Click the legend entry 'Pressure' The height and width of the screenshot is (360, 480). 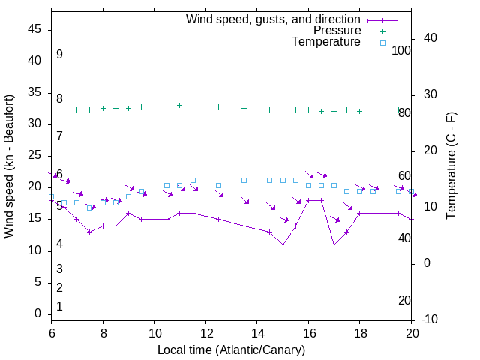coord(337,31)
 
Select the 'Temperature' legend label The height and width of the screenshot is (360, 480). coord(326,43)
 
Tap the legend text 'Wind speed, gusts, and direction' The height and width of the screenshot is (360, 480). coord(274,19)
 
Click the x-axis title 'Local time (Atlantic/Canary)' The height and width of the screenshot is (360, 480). coord(232,349)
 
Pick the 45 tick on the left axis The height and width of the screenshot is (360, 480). coord(35,29)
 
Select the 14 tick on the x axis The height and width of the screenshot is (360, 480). coord(256,332)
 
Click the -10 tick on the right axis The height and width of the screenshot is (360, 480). coord(431,319)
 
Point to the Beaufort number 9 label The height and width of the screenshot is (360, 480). coord(59,55)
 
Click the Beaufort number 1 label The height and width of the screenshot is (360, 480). coord(59,306)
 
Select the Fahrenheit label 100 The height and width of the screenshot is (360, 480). coord(401,50)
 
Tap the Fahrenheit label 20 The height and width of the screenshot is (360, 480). coord(404,300)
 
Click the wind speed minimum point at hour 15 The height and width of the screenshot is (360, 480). coord(283,244)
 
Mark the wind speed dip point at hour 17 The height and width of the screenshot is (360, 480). coord(334,244)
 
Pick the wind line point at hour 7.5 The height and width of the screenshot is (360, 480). coord(90,232)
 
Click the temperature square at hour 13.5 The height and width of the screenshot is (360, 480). coord(244,180)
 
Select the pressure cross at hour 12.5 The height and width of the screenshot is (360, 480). coord(218,106)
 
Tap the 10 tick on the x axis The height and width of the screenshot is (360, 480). coord(154,332)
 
